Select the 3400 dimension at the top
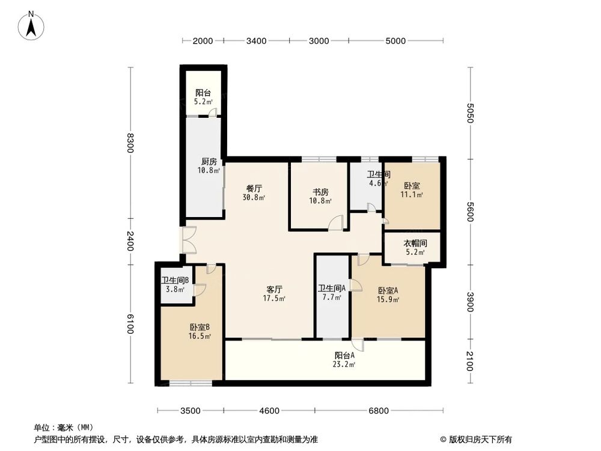[257, 41]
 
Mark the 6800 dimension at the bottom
[379, 411]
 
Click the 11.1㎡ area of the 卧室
[412, 195]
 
